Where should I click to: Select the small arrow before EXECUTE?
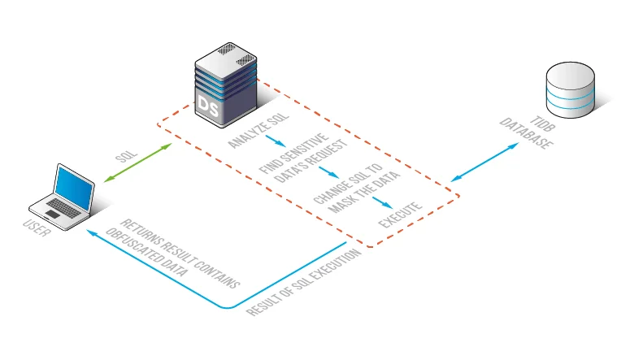pyautogui.click(x=382, y=202)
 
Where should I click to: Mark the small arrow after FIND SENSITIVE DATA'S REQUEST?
pyautogui.click(x=328, y=172)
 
